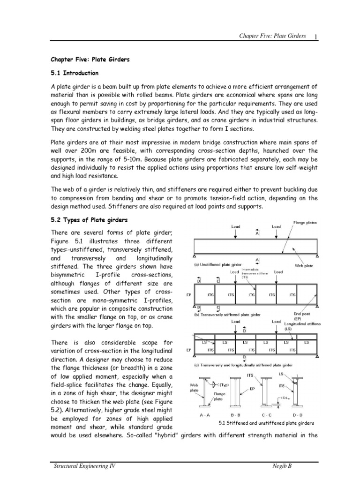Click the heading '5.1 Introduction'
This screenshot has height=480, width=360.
(75, 73)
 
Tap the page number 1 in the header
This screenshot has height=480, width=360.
(317, 37)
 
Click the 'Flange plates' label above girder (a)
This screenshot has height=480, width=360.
(305, 223)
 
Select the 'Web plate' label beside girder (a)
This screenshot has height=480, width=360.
(304, 265)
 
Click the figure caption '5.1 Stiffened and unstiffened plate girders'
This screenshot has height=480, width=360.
(266, 423)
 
